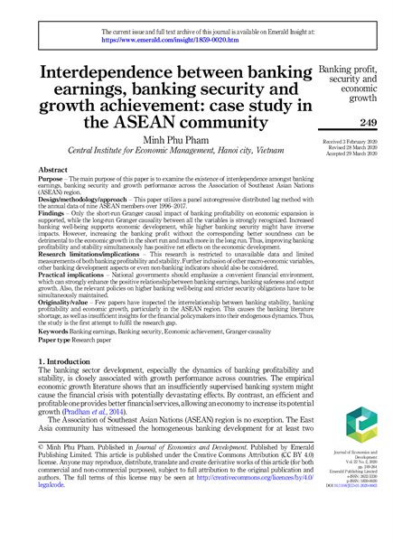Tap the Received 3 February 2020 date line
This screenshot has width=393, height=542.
point(346,143)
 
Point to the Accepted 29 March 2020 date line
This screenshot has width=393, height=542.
point(346,157)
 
